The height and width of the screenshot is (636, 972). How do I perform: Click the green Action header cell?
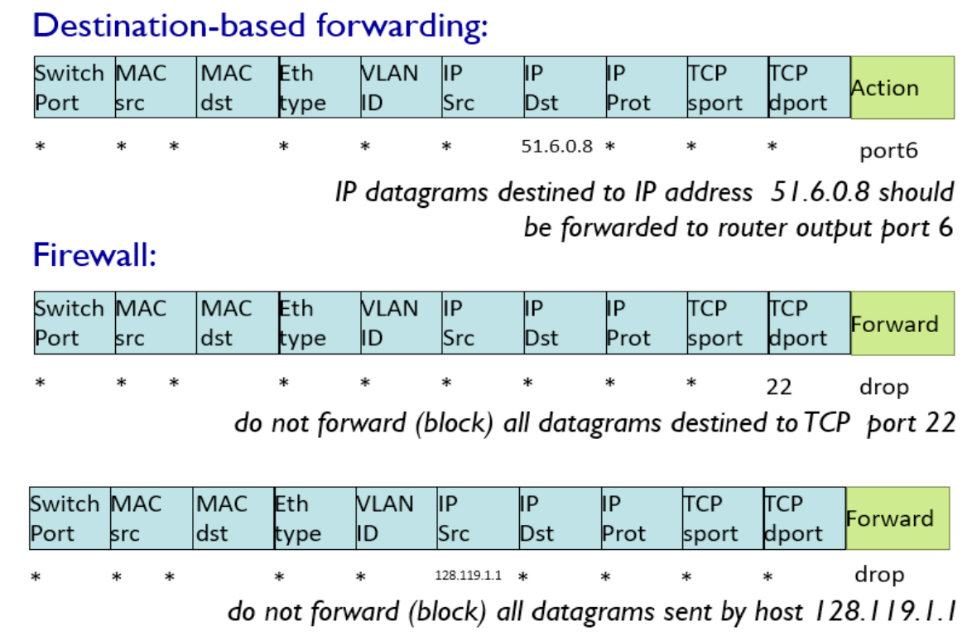coord(902,88)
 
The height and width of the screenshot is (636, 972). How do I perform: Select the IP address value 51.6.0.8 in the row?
coord(557,147)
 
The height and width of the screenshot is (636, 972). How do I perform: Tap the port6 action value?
coord(888,151)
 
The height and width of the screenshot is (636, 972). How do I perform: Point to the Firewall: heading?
coord(94,255)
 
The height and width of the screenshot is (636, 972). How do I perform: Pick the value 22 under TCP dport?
coord(779,387)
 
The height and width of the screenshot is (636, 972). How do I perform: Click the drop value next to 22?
coord(883,387)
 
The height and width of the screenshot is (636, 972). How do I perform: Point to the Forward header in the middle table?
coord(902,323)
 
